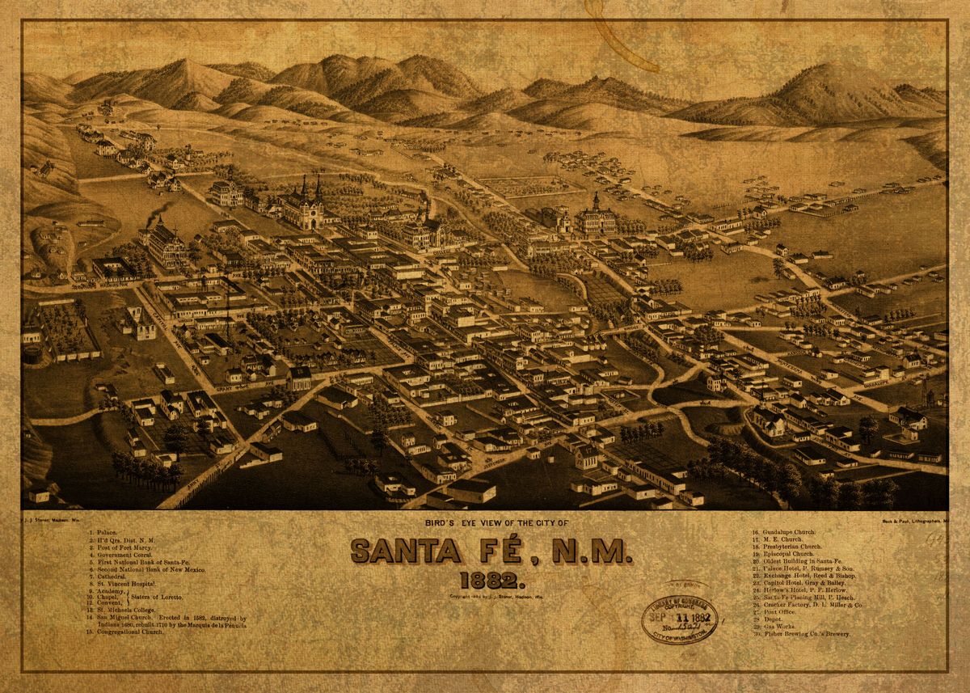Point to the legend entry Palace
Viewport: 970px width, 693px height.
coord(108,533)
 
